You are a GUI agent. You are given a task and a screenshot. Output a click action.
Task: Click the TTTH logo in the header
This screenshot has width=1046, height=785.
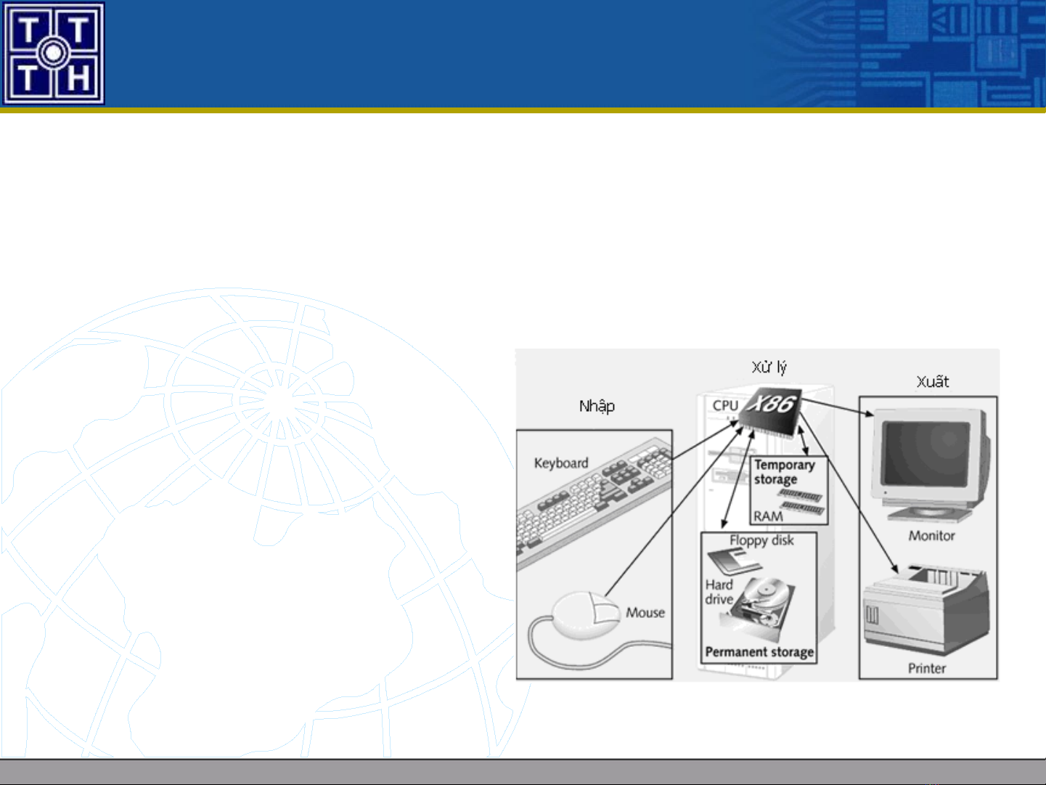(54, 53)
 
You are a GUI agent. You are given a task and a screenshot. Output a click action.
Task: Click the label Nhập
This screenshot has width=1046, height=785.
(597, 407)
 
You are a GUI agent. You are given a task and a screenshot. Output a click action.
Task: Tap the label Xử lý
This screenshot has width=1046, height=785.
(769, 367)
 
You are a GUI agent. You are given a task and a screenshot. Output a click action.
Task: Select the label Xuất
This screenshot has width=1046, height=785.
(932, 381)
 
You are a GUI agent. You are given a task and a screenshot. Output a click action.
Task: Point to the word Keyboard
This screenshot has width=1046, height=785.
(561, 463)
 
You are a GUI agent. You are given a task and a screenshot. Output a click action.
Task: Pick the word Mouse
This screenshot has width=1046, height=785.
(645, 612)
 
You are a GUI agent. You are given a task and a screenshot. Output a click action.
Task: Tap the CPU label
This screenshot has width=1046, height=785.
(725, 405)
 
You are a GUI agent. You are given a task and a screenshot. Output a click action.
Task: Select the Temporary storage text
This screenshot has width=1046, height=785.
(784, 472)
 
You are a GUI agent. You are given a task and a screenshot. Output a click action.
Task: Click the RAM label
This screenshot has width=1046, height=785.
(768, 516)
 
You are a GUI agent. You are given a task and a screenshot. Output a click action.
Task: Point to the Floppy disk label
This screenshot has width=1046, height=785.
(761, 540)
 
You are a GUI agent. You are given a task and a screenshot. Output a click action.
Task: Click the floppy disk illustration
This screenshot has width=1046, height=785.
(735, 561)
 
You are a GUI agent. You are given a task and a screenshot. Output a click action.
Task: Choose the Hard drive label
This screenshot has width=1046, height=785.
(719, 592)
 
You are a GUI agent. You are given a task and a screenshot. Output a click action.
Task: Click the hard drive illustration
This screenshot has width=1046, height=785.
(759, 608)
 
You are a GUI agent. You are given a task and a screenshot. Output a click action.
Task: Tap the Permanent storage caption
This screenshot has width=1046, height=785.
(759, 652)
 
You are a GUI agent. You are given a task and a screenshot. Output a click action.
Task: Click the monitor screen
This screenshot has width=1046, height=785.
(926, 453)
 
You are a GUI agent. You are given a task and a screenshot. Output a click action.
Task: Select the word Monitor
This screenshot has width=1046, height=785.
(931, 536)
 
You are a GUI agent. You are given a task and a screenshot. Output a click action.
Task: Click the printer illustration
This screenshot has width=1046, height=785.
(926, 609)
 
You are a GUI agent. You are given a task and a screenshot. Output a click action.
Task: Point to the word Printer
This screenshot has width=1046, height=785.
(926, 668)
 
